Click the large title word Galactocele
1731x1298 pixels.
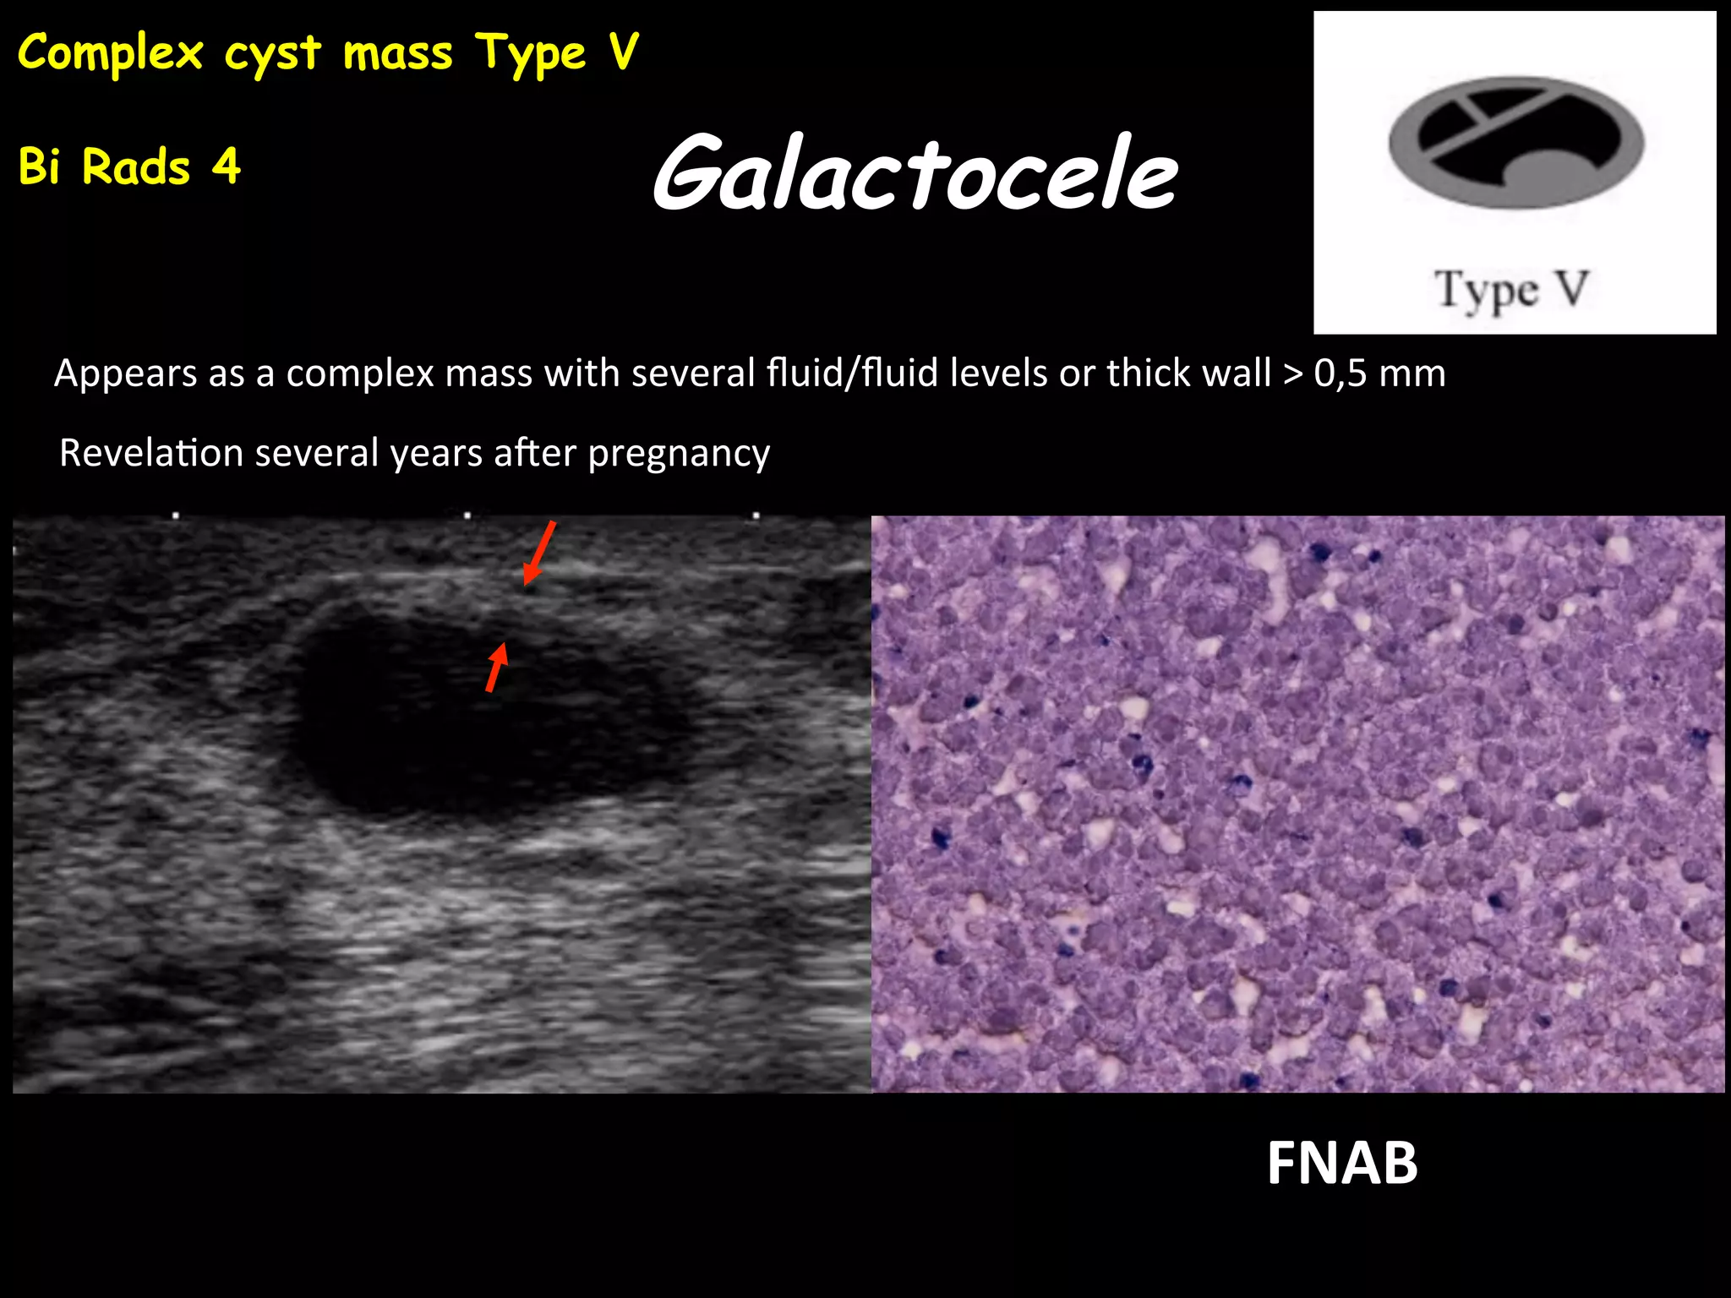tap(915, 173)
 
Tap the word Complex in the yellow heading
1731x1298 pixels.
tap(110, 52)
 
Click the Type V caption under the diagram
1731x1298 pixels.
tap(1512, 290)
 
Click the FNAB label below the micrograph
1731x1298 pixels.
tap(1341, 1164)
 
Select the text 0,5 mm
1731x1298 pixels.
tap(1379, 373)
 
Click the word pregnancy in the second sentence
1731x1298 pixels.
tap(679, 454)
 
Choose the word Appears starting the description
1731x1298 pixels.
tap(125, 374)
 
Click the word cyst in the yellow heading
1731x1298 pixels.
tap(272, 54)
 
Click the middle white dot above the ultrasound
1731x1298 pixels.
tap(467, 515)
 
